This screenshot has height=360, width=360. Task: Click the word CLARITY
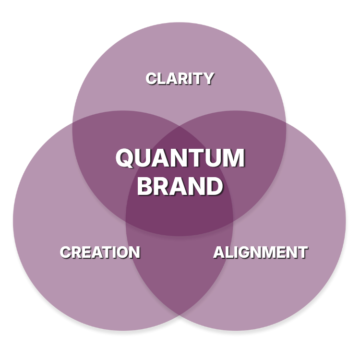pos(180,78)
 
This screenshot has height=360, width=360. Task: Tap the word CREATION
pos(99,252)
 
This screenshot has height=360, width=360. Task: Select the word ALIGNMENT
pos(260,252)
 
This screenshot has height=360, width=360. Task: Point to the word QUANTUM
pos(180,158)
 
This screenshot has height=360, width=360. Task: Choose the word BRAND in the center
pos(180,186)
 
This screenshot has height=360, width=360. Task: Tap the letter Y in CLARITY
pos(208,78)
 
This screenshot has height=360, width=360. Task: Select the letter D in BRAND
pos(214,186)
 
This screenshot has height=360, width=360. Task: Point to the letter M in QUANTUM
pos(234,158)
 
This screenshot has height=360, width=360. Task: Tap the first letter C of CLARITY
pos(152,78)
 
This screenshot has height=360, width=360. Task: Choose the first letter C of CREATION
pos(66,252)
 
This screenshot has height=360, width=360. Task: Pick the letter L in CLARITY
pos(162,78)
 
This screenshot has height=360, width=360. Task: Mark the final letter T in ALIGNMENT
pos(302,252)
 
